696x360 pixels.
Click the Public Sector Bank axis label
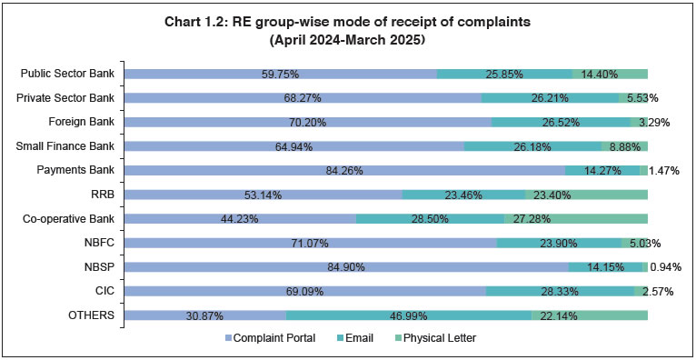(69, 73)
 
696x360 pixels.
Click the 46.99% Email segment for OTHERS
(409, 315)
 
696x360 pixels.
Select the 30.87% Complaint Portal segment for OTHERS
(205, 315)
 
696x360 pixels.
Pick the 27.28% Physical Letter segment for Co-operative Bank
(576, 218)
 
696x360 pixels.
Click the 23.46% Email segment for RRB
(463, 195)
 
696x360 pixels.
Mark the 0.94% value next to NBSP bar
(668, 267)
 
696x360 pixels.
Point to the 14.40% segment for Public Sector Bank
(610, 73)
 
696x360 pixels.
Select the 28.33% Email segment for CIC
(560, 292)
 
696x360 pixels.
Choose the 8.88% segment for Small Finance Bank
(624, 145)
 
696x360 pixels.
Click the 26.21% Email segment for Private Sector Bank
(550, 97)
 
